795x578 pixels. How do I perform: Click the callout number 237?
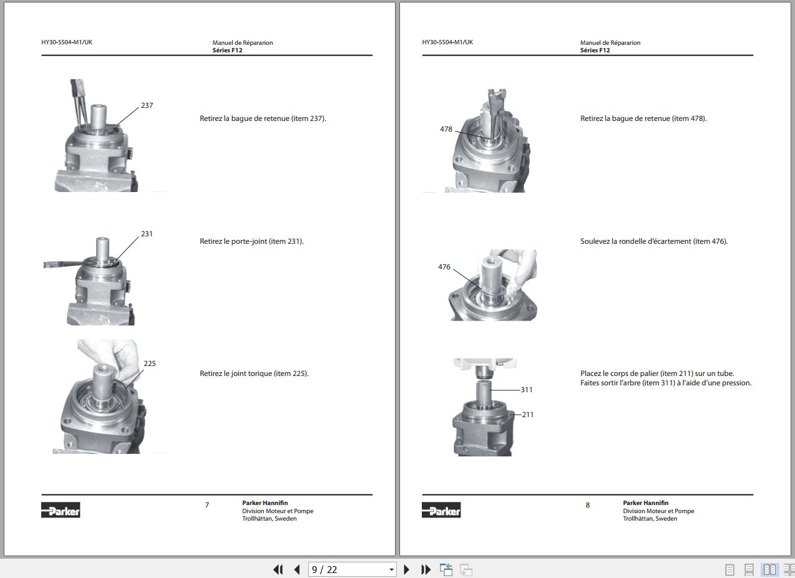(147, 105)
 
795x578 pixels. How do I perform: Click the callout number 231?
(147, 234)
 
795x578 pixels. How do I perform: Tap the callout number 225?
(149, 364)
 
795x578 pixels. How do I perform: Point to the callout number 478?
(446, 129)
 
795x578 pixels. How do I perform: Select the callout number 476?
(444, 267)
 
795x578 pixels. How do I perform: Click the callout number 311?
(527, 390)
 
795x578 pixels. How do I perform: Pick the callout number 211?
(528, 415)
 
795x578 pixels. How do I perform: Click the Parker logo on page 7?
(61, 510)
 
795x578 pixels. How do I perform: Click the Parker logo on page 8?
(441, 510)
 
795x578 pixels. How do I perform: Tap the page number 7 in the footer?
(207, 505)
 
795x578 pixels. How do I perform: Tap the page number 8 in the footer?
(588, 505)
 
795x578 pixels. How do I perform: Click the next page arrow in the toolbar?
(407, 569)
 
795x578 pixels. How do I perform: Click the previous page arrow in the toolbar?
(298, 569)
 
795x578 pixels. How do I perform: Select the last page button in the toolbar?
(426, 569)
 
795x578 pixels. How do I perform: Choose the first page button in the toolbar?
(278, 569)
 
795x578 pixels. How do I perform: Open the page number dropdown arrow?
(391, 569)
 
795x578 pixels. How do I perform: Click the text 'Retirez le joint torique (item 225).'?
(254, 373)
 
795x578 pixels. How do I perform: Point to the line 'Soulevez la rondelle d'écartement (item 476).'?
(654, 241)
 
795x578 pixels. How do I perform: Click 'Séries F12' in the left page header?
(228, 51)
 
